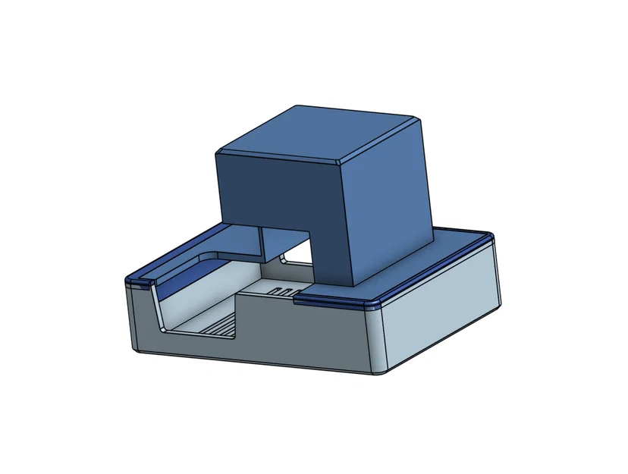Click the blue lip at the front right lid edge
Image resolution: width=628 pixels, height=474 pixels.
(334, 301)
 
